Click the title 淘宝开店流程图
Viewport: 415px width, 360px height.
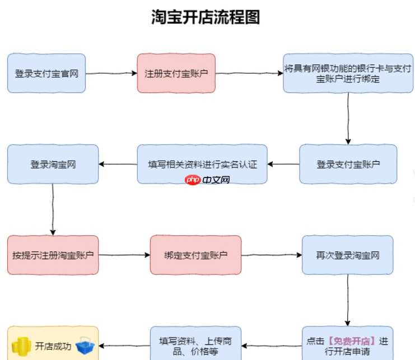pos(206,17)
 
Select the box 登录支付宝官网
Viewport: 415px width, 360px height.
pos(46,73)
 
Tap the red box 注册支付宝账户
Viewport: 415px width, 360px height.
pos(176,73)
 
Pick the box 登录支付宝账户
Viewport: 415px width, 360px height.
pos(348,164)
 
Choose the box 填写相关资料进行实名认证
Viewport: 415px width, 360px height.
pos(202,164)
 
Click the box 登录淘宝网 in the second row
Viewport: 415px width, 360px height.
pos(53,164)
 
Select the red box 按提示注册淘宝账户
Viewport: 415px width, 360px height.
pos(53,255)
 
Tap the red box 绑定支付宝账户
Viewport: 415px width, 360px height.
pos(195,255)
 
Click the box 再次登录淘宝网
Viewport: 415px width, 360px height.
pos(347,255)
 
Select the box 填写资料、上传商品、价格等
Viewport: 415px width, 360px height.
pos(195,345)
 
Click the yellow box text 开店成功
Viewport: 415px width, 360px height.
pos(53,346)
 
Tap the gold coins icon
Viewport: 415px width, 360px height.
pos(21,345)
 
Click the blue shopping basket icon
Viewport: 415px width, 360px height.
pos(86,345)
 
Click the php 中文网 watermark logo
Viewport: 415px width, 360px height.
pos(207,180)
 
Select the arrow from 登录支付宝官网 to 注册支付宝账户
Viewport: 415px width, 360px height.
pos(111,73)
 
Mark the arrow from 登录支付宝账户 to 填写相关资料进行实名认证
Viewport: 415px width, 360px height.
pos(283,165)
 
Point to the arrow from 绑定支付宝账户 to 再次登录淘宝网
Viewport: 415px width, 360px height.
pos(272,255)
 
